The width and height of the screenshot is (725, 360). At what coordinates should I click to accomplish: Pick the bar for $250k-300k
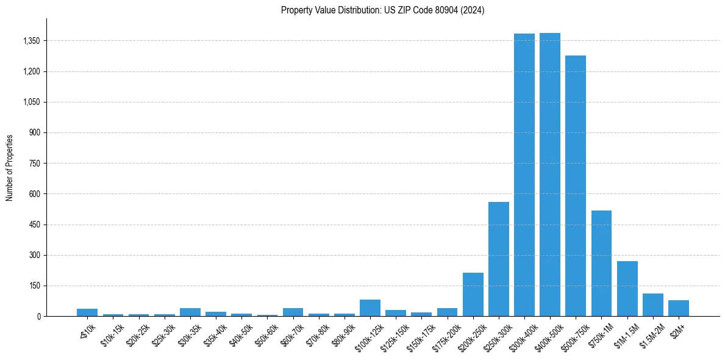499,259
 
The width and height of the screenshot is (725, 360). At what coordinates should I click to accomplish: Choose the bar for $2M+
679,308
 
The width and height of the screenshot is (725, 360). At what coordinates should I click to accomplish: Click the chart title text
383,10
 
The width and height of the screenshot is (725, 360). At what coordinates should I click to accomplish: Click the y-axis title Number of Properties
10,168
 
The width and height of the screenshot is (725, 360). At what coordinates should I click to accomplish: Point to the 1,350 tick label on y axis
31,41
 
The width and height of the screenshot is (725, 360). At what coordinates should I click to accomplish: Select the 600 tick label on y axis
35,194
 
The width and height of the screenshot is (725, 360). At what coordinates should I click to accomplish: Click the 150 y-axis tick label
35,286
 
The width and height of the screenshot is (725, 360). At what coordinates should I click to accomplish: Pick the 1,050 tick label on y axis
31,102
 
